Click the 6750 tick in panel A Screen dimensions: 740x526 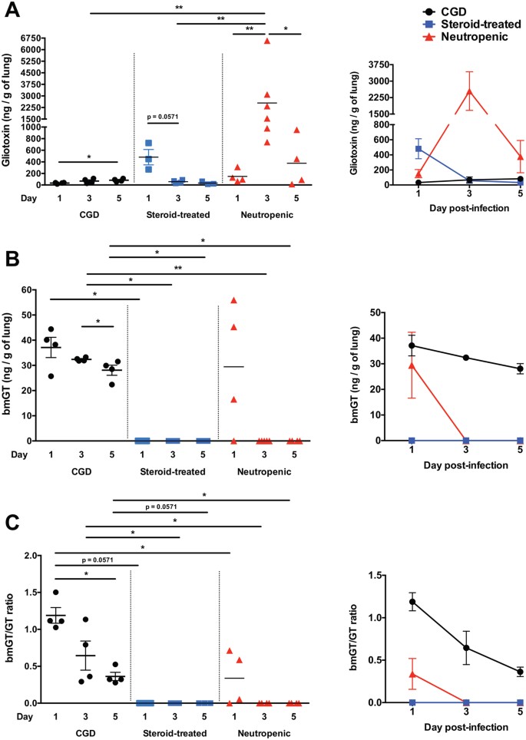[29, 37]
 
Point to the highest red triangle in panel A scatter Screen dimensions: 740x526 [267, 41]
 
